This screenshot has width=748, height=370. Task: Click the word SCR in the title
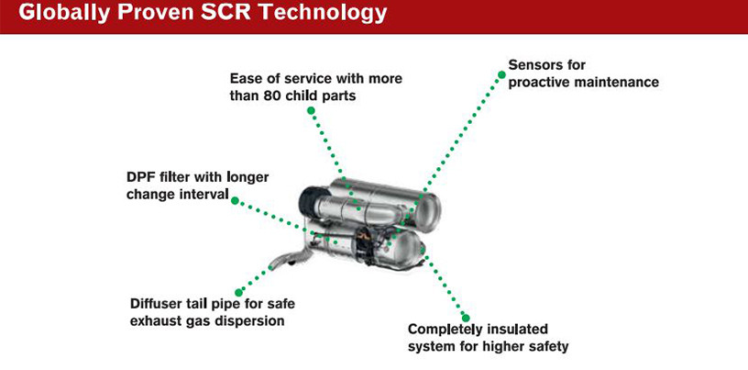(226, 13)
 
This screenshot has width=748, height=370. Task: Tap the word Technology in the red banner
(322, 15)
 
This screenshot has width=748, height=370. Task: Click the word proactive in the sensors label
(539, 83)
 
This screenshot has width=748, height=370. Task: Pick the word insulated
(517, 330)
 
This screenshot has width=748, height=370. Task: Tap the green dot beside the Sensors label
(501, 74)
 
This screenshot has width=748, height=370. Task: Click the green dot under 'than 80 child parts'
(311, 110)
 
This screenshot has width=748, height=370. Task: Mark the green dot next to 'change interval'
(235, 201)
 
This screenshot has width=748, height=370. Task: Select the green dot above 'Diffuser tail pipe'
(239, 292)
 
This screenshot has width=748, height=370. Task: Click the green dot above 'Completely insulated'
(466, 318)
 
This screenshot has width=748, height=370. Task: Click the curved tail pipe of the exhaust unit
(288, 257)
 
